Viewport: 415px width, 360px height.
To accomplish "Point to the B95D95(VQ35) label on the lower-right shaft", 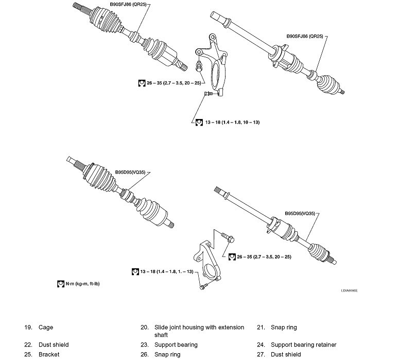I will [299, 212].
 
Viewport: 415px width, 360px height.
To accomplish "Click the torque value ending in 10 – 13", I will [231, 122].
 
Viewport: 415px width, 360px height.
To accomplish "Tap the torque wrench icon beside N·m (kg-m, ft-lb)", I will [60, 283].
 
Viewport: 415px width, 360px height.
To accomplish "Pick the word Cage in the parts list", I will [46, 328].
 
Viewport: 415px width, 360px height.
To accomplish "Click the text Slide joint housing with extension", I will [193, 328].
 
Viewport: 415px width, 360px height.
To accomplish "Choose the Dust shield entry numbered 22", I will [54, 345].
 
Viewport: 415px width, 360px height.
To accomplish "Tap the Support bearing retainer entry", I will [304, 345].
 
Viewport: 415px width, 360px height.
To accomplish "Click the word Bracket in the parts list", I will [49, 354].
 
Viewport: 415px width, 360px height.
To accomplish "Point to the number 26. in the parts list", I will [145, 354].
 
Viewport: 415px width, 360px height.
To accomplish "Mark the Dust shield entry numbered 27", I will [286, 354].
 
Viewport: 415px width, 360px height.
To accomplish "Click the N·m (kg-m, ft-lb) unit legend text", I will [83, 283].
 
